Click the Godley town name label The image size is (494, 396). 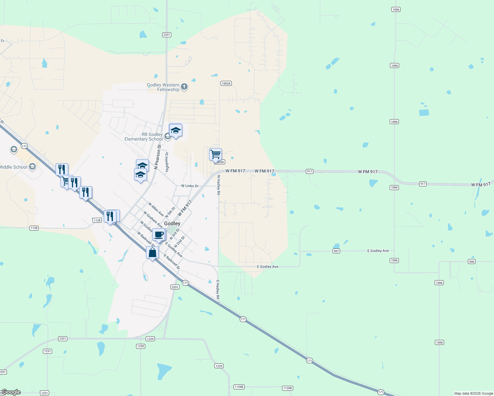[172, 223]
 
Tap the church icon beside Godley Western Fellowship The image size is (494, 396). [184, 87]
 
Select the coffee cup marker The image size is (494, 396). [159, 235]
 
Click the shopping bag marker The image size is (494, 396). [152, 253]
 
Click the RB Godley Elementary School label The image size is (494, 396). [144, 137]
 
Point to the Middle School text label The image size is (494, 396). [14, 167]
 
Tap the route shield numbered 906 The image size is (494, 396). [472, 262]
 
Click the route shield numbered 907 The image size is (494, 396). [336, 251]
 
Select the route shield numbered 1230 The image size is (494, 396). [141, 346]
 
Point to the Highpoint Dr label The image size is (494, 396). [167, 162]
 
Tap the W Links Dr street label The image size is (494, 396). [190, 186]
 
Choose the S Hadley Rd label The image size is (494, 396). [218, 289]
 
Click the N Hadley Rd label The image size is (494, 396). [218, 185]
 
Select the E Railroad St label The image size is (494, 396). [172, 262]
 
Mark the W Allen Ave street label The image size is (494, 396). [156, 209]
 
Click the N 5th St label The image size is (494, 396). [170, 212]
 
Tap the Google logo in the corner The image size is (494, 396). [11, 392]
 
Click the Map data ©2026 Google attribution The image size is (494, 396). [474, 393]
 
